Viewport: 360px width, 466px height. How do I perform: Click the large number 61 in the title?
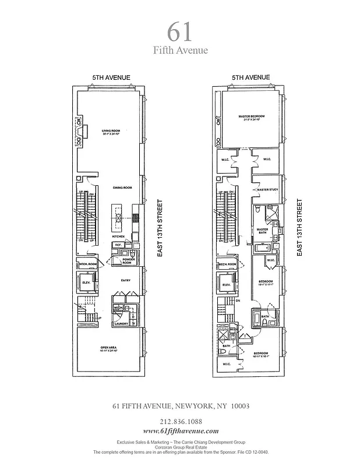pyautogui.click(x=179, y=30)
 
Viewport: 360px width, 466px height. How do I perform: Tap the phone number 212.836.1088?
pyautogui.click(x=179, y=421)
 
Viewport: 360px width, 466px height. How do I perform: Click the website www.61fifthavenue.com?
pyautogui.click(x=179, y=430)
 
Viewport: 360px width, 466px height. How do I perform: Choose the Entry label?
pyautogui.click(x=126, y=280)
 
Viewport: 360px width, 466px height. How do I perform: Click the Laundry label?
pyautogui.click(x=122, y=323)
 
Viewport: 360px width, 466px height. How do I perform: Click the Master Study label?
pyautogui.click(x=266, y=190)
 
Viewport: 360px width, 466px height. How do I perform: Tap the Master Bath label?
pyautogui.click(x=263, y=231)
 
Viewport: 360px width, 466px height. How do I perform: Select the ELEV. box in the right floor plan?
pyautogui.click(x=225, y=285)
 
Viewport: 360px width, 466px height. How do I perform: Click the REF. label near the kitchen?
pyautogui.click(x=118, y=245)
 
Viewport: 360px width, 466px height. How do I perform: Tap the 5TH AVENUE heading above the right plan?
pyautogui.click(x=252, y=77)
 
